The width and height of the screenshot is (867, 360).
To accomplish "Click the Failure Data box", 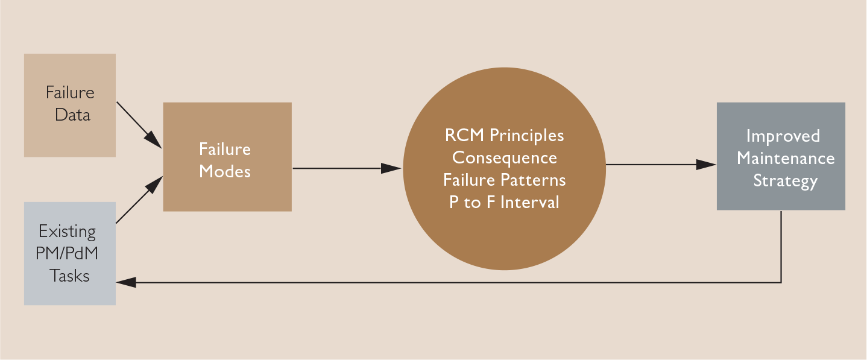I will click(69, 105).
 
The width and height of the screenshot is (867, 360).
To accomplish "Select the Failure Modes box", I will click(227, 157).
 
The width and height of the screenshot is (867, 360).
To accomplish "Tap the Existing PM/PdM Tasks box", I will click(69, 253).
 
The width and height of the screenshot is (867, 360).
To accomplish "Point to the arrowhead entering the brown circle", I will click(393, 168).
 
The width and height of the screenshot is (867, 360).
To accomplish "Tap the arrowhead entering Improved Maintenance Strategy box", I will click(707, 164).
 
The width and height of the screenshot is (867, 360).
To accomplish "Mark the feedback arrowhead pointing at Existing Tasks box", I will click(125, 282).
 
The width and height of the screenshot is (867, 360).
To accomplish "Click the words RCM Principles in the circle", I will click(504, 135).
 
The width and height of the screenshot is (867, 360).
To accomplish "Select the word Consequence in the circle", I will click(504, 157).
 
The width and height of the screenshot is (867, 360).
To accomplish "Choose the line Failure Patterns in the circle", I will click(504, 180).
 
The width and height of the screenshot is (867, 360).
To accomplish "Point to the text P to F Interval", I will click(504, 202).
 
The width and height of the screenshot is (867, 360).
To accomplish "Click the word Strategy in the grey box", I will click(785, 181).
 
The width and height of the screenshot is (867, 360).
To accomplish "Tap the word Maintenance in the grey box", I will click(785, 159).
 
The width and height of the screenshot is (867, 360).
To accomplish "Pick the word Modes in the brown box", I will click(224, 171).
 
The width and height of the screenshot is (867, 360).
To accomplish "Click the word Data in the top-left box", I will click(72, 115).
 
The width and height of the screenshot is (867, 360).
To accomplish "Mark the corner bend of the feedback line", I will click(781, 282).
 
